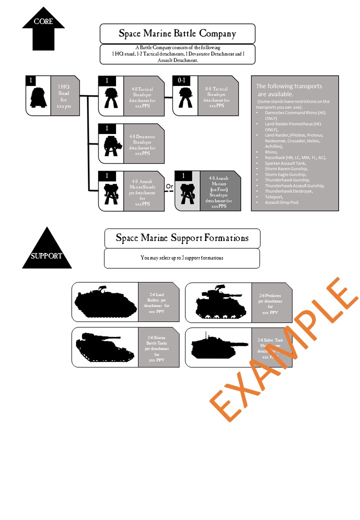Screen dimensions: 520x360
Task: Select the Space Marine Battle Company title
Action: [x=177, y=34]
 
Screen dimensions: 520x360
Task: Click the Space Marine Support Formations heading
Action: [x=182, y=237]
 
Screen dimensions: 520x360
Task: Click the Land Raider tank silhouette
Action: [x=105, y=302]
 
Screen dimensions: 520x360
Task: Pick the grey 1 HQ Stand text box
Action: [x=63, y=95]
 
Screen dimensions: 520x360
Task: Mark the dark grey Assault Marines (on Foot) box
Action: [x=220, y=190]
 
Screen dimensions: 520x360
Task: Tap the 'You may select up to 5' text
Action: [x=182, y=258]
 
